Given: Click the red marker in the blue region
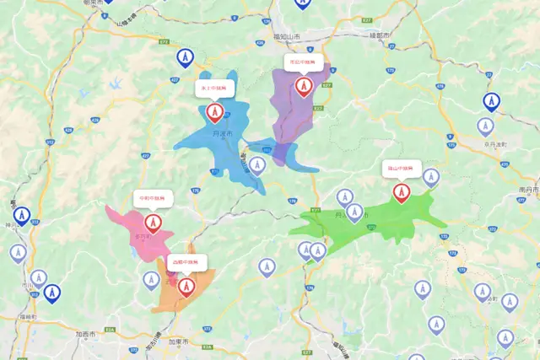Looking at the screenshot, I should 214,112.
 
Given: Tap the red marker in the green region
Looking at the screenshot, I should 401,193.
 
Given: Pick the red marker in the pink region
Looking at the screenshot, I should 153,223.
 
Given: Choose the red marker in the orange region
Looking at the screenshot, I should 186,287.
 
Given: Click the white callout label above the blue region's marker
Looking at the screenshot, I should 214,87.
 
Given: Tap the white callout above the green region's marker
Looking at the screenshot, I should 401,168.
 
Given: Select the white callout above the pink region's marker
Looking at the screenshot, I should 153,199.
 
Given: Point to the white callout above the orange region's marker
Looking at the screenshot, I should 186,262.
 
